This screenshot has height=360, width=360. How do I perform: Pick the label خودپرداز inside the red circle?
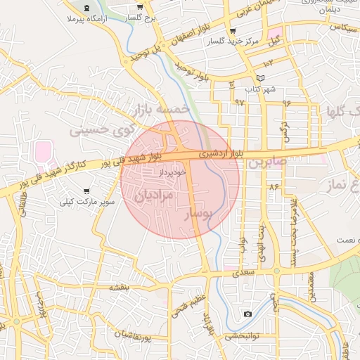click(171, 171)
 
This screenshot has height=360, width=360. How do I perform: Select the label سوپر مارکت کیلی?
click(87, 202)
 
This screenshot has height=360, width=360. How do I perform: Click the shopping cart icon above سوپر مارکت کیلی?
click(86, 191)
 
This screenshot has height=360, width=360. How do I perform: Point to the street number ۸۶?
click(273, 187)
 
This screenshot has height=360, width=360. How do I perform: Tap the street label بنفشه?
click(120, 288)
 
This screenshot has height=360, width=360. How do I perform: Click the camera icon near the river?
click(247, 314)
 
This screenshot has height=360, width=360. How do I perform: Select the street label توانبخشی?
click(244, 336)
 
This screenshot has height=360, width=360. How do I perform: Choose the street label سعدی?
click(243, 270)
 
